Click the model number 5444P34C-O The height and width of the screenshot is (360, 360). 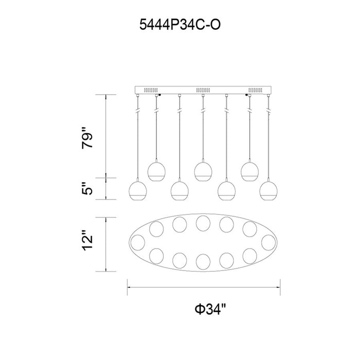(180, 25)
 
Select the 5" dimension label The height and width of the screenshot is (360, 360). (87, 189)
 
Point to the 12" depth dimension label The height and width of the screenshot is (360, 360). (87, 240)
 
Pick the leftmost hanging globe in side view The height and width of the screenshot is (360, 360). (138, 191)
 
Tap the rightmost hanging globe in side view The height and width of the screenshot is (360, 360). (268, 191)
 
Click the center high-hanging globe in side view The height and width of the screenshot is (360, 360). (203, 171)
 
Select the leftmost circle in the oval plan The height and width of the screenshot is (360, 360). (138, 242)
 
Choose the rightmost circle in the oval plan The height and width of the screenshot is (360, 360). (268, 242)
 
